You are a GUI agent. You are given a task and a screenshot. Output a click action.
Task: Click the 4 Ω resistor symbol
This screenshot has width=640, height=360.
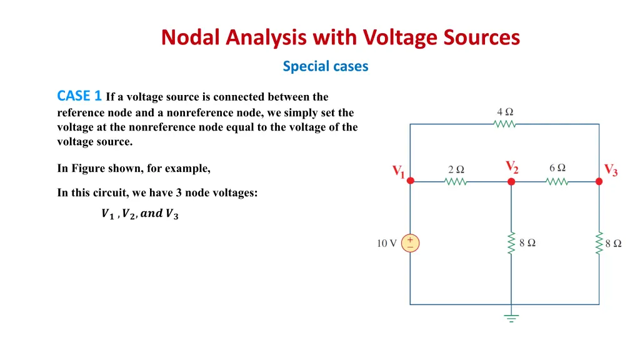tap(504, 124)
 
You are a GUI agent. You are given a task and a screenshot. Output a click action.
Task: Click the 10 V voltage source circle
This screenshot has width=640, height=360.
tap(410, 243)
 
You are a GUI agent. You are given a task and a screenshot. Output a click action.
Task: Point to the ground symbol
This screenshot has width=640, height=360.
tap(511, 316)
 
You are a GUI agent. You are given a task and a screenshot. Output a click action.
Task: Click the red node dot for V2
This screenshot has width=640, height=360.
tap(511, 181)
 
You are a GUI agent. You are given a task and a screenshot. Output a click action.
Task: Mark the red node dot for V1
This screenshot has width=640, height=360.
tap(410, 181)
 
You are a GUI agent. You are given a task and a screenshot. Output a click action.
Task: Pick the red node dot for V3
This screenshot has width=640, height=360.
tap(599, 181)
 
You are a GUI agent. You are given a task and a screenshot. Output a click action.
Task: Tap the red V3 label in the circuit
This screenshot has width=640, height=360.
tap(611, 169)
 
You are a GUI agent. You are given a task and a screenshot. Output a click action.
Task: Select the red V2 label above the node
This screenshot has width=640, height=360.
tap(511, 166)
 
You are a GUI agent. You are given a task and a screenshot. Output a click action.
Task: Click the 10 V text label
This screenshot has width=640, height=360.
tap(386, 244)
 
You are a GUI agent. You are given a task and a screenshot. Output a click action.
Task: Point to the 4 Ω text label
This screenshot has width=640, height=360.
tap(505, 112)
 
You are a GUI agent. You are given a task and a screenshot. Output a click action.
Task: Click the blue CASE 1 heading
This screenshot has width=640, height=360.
tap(79, 96)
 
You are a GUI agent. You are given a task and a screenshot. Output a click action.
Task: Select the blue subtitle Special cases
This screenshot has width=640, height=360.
tap(325, 66)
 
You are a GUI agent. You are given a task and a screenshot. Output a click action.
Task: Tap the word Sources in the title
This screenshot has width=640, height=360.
tap(481, 38)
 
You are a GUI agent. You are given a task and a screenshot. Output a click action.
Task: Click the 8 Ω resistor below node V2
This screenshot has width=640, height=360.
tap(511, 244)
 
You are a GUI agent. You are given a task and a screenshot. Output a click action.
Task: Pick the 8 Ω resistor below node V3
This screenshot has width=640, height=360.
tap(599, 244)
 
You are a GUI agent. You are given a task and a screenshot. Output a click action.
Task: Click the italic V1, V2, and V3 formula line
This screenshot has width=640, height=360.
tap(139, 214)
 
